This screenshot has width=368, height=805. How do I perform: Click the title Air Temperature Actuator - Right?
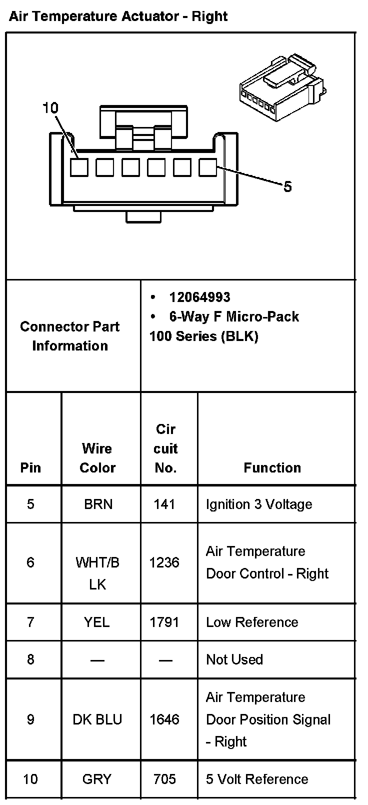pyautogui.click(x=118, y=16)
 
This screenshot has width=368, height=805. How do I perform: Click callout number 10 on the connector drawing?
pyautogui.click(x=50, y=108)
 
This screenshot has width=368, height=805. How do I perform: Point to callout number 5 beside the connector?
pyautogui.click(x=287, y=187)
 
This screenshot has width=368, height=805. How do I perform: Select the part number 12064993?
pyautogui.click(x=199, y=297)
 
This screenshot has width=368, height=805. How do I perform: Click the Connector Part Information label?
pyautogui.click(x=70, y=336)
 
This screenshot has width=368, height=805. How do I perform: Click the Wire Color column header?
pyautogui.click(x=97, y=458)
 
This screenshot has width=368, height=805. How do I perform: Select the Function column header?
pyautogui.click(x=272, y=467)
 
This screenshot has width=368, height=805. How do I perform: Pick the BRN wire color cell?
pyautogui.click(x=98, y=504)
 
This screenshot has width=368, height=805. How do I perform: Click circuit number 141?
pyautogui.click(x=164, y=504)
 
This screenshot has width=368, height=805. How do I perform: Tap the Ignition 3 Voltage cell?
pyautogui.click(x=259, y=504)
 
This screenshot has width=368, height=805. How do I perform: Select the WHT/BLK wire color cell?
pyautogui.click(x=97, y=573)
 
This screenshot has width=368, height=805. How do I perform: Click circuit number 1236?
pyautogui.click(x=164, y=562)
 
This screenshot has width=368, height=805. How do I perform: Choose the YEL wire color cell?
pyautogui.click(x=97, y=622)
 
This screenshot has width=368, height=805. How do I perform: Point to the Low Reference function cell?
pyautogui.click(x=252, y=622)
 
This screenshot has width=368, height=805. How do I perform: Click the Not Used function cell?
pyautogui.click(x=234, y=659)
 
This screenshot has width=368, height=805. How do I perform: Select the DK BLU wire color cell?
pyautogui.click(x=97, y=719)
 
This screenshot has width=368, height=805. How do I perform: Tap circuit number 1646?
pyautogui.click(x=164, y=719)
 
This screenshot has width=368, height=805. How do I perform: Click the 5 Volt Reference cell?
pyautogui.click(x=257, y=779)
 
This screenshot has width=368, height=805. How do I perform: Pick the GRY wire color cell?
pyautogui.click(x=97, y=779)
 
